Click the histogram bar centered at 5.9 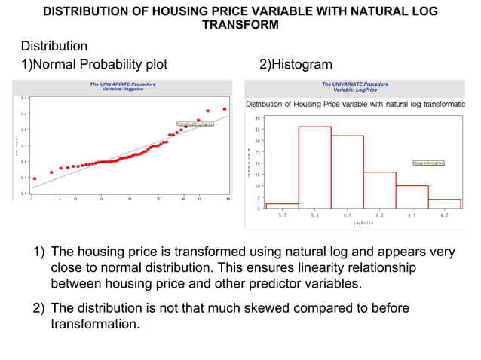point(314,167)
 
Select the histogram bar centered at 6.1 point(347,172)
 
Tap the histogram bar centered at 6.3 point(379,190)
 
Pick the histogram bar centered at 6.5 point(412,197)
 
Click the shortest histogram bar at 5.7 point(282,206)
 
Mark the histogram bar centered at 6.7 point(444,203)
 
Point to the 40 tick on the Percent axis point(258,118)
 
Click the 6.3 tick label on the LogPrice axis point(379,215)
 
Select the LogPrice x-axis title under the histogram point(363,223)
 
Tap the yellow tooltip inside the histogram point(427,163)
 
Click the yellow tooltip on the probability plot point(195,123)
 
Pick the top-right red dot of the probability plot point(225,109)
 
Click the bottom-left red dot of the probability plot point(34,178)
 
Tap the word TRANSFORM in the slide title point(240,25)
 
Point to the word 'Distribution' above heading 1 point(54,47)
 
